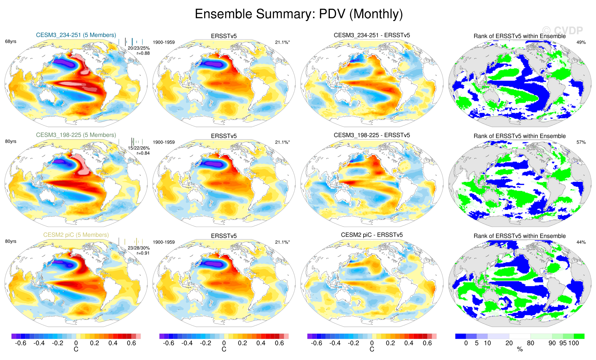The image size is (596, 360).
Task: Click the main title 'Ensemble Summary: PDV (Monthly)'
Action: pos(299,14)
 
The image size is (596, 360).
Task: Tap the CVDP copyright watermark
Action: pos(562,31)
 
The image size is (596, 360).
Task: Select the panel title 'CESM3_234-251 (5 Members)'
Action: pos(76,35)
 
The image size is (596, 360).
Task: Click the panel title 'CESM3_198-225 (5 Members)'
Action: pos(76,135)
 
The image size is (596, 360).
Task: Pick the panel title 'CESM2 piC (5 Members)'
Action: pos(76,235)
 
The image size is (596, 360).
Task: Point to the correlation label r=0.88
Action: pos(143,53)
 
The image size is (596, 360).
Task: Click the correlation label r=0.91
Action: pos(143,253)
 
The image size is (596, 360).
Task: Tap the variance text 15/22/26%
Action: pos(139,148)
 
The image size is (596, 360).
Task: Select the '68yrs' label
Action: pos(11,42)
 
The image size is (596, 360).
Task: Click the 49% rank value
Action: pos(581,42)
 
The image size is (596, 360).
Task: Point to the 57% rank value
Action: pos(581,142)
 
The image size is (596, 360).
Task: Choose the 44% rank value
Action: pos(581,242)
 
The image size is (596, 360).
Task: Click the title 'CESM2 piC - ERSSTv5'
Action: pos(372,235)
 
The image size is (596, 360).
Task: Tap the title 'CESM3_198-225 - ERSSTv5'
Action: pos(372,135)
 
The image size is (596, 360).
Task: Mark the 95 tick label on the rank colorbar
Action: pos(563,343)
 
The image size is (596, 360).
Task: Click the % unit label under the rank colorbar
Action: pos(520,349)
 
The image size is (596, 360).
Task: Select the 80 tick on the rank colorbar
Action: pos(531,343)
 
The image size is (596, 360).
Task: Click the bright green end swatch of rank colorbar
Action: pos(579,336)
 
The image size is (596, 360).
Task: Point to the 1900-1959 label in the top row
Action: pos(164,42)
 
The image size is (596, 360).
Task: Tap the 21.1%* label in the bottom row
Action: pos(282,242)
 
